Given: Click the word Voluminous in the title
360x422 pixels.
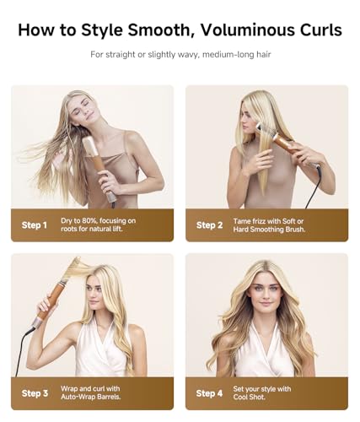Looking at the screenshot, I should tap(239, 30).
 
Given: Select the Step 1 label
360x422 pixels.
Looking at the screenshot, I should tap(35, 225).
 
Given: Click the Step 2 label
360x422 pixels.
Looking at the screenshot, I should tap(209, 225).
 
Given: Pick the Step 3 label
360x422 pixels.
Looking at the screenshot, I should tap(35, 393).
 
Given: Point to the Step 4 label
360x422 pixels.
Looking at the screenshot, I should tap(209, 393).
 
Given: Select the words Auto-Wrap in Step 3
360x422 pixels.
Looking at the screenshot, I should tap(81, 398).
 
